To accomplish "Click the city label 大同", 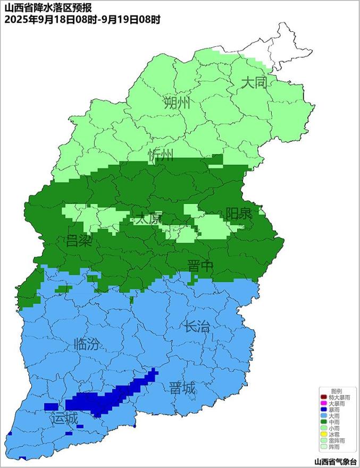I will [253, 83].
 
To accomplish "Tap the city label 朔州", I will [177, 103].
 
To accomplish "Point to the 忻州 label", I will [160, 155].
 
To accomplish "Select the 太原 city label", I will [147, 218].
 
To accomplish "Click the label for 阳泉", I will [239, 214].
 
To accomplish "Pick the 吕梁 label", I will [79, 241].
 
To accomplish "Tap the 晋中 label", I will [200, 266].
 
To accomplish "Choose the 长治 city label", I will [197, 326].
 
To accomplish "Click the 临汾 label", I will [87, 344].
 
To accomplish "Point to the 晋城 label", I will [182, 388].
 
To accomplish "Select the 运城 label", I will [64, 418].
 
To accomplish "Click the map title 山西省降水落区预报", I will [48, 7].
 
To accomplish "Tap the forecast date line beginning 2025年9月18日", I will [82, 20].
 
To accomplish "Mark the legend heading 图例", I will [336, 391].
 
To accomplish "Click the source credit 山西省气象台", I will [336, 462].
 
